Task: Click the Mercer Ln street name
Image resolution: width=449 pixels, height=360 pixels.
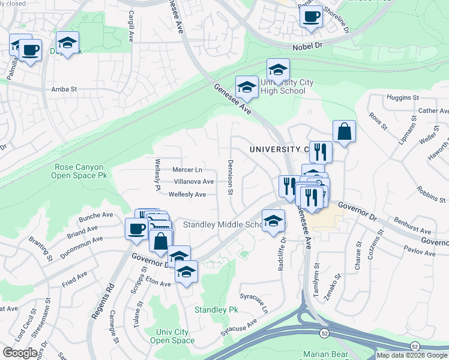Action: (187, 170)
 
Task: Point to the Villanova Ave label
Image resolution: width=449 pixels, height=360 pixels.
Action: (193, 182)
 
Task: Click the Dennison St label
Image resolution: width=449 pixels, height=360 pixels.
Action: (230, 177)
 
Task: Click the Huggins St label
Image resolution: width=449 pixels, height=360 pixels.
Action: (402, 97)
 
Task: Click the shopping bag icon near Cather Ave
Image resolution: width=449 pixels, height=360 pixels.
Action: (344, 132)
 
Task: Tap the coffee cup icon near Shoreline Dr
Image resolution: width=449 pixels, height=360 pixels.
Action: (311, 17)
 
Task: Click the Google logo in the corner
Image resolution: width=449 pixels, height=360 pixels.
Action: (19, 353)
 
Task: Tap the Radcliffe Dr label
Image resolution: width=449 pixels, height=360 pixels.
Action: (282, 254)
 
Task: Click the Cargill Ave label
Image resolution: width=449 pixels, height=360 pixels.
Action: (130, 28)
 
